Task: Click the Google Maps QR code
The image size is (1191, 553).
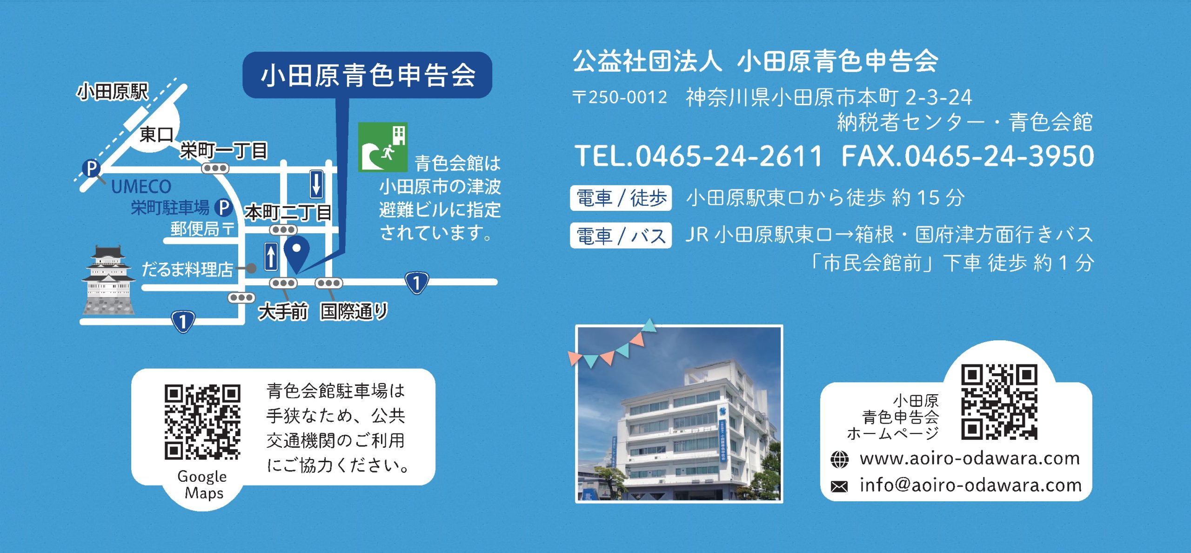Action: pyautogui.click(x=202, y=422)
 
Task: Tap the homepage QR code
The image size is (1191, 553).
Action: pyautogui.click(x=999, y=402)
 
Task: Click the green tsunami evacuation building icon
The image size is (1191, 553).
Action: pyautogui.click(x=382, y=147)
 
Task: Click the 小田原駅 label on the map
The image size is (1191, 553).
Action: pyautogui.click(x=113, y=92)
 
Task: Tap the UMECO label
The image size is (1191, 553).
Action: pyautogui.click(x=141, y=187)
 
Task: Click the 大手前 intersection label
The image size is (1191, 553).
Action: pyautogui.click(x=283, y=311)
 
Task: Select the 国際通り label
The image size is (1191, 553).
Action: pyautogui.click(x=354, y=311)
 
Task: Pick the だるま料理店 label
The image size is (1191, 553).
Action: pyautogui.click(x=187, y=269)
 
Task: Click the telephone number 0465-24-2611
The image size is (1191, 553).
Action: pyautogui.click(x=729, y=156)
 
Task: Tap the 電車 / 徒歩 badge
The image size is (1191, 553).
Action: pyautogui.click(x=621, y=198)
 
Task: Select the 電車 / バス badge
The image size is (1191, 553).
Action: pyautogui.click(x=621, y=236)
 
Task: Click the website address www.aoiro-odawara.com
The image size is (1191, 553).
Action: pyautogui.click(x=970, y=459)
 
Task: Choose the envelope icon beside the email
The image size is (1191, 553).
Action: pyautogui.click(x=839, y=486)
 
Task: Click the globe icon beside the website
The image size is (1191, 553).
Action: pyautogui.click(x=839, y=459)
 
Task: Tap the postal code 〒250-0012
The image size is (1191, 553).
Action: pyautogui.click(x=620, y=97)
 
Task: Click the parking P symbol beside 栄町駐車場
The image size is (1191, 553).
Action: pyautogui.click(x=223, y=208)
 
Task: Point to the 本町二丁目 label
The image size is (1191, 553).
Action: pyautogui.click(x=288, y=213)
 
